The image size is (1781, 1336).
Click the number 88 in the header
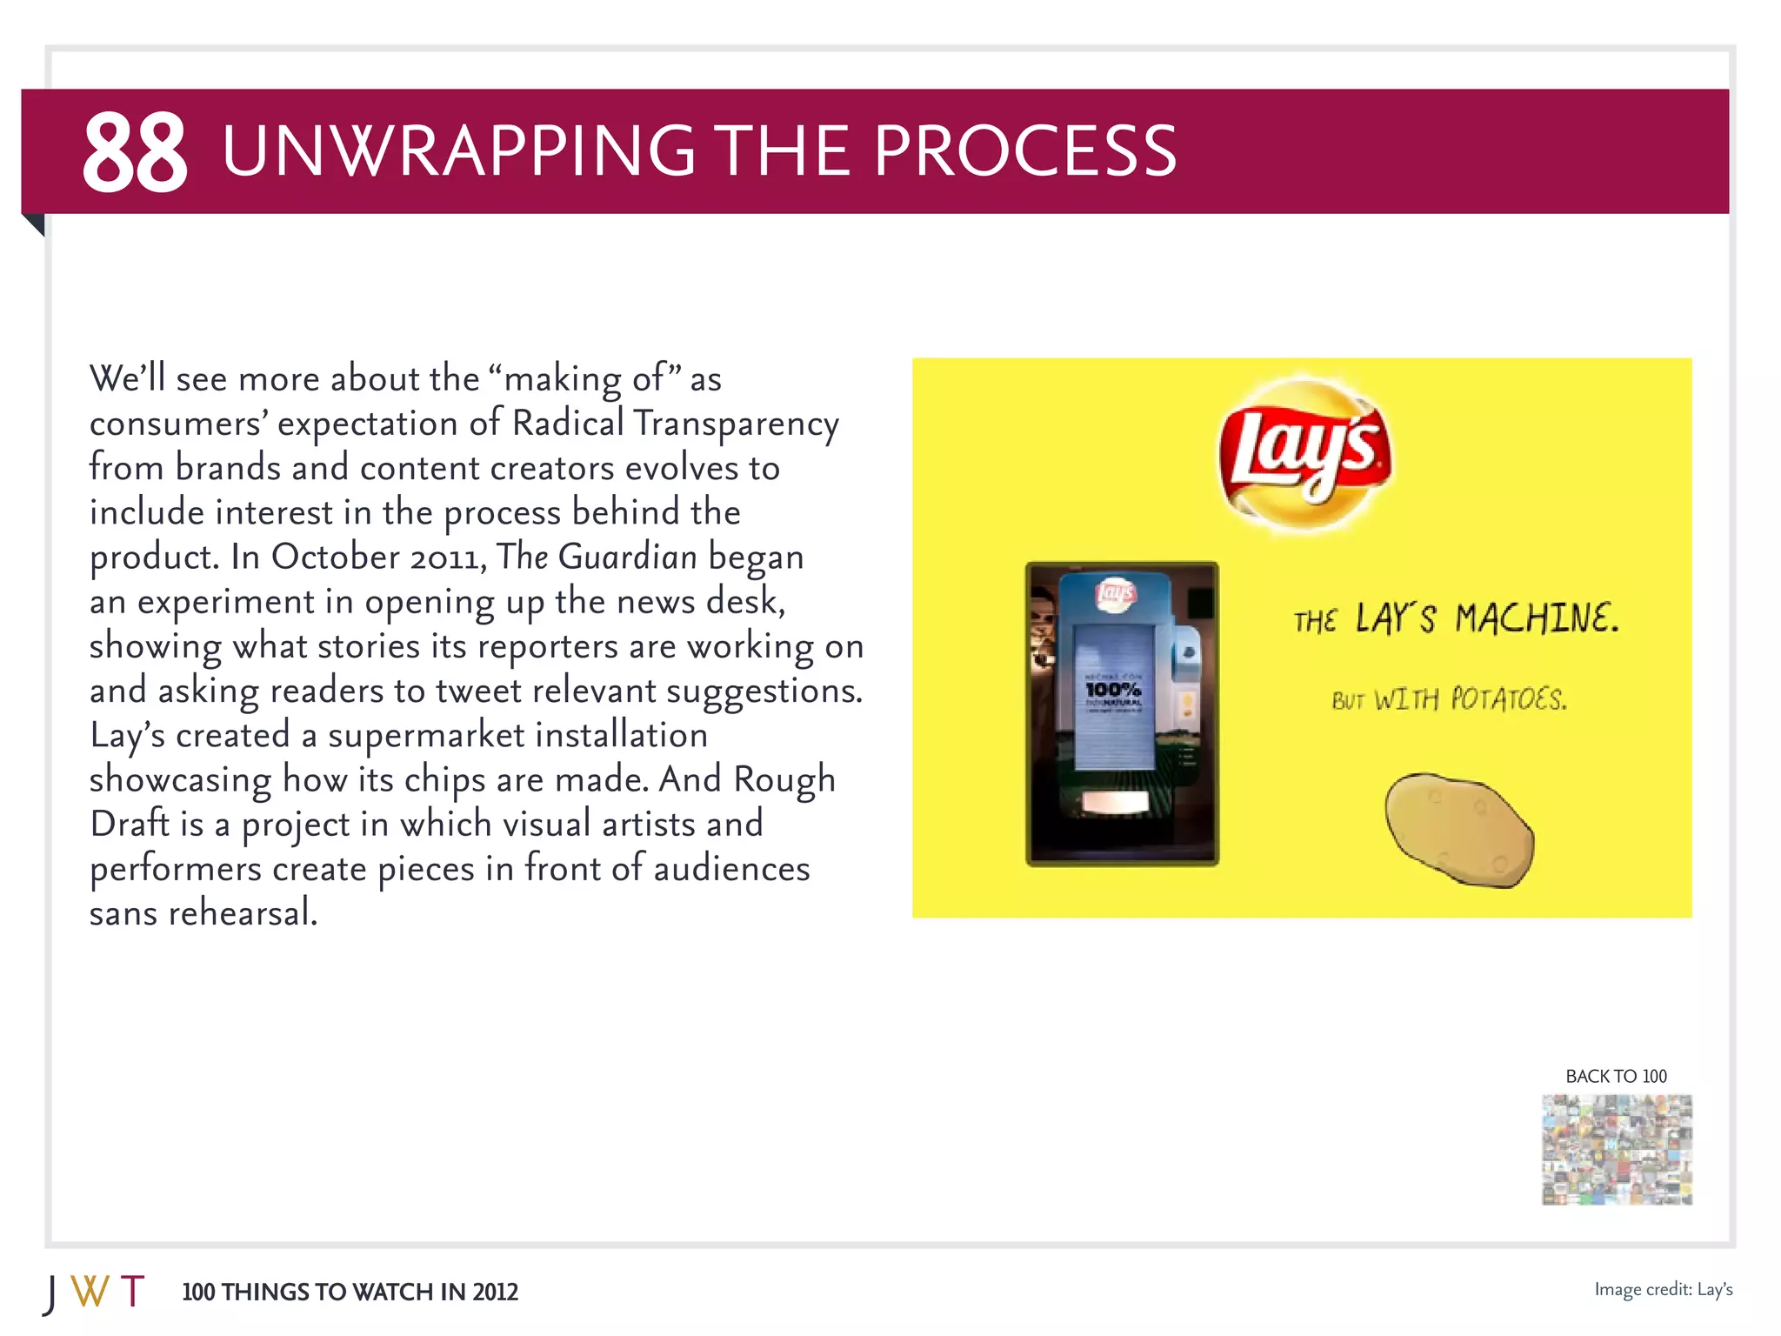(x=134, y=152)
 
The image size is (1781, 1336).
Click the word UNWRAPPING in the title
(x=458, y=151)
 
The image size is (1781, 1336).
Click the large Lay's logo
(x=1303, y=454)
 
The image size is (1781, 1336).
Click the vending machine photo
(x=1122, y=713)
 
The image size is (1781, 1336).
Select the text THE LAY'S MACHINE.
(x=1456, y=618)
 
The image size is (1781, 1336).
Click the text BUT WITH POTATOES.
(x=1449, y=699)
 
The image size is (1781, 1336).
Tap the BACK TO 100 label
(x=1616, y=1076)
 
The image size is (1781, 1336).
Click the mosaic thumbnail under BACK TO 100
(x=1617, y=1149)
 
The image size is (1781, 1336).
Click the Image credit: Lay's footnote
(x=1663, y=1289)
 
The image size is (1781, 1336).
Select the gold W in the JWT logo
(x=90, y=1292)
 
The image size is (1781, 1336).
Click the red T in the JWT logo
(x=132, y=1292)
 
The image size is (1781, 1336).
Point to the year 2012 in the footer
(x=495, y=1293)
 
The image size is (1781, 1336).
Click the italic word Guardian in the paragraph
(x=627, y=557)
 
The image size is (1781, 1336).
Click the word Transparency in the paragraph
(x=736, y=424)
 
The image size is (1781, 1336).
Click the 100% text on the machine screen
(x=1112, y=690)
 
